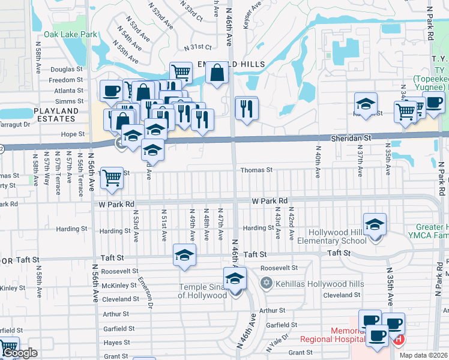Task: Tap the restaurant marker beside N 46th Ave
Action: coord(246,109)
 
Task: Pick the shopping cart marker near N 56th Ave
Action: coord(112,178)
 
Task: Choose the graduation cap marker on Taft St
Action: coord(184,255)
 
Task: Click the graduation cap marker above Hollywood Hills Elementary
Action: coord(375,224)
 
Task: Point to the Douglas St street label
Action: coord(67,70)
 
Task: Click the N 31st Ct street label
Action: coord(198,47)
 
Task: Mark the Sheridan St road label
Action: coord(351,138)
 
